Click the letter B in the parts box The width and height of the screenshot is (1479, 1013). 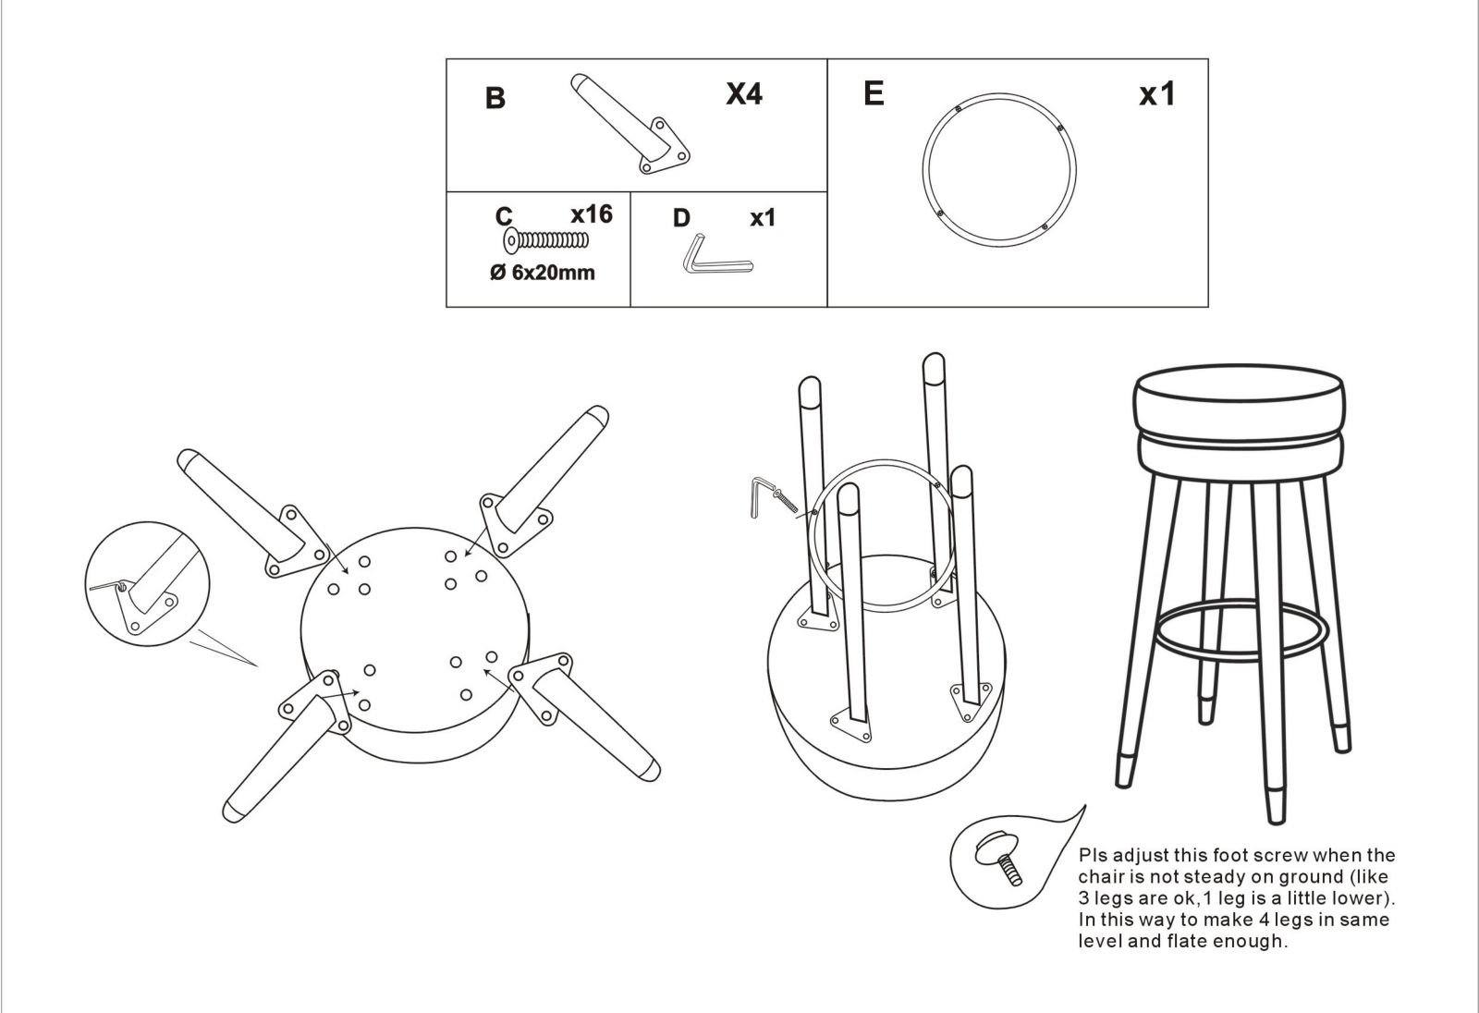[x=495, y=98]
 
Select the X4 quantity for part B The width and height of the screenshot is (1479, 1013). [x=744, y=93]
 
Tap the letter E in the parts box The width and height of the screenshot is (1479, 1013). [x=874, y=93]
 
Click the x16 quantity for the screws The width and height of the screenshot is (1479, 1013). [x=592, y=214]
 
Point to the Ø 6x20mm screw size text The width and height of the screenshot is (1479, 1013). [x=542, y=272]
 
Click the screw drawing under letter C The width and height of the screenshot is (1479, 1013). [x=546, y=240]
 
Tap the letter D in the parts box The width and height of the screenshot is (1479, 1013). [x=681, y=218]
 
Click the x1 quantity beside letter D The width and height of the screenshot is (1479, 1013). [x=763, y=218]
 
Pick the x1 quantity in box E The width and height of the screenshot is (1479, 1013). [x=1156, y=93]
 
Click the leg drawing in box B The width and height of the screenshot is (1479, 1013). [x=629, y=124]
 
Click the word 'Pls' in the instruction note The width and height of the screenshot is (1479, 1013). [x=1093, y=855]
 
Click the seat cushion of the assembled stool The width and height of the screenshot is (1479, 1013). [x=1240, y=422]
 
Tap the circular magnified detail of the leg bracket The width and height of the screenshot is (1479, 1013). [x=147, y=584]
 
